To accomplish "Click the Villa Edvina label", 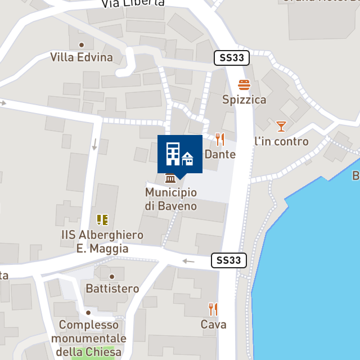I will pyautogui.click(x=82, y=57).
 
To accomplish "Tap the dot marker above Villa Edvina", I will pyautogui.click(x=82, y=44).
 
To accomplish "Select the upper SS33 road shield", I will pyautogui.click(x=232, y=57).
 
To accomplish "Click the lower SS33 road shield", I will pyautogui.click(x=229, y=260).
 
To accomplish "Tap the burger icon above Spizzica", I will pyautogui.click(x=244, y=85).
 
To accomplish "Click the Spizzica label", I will pyautogui.click(x=244, y=100).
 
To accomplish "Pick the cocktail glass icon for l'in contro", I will pyautogui.click(x=281, y=126).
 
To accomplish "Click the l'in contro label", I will pyautogui.click(x=281, y=141).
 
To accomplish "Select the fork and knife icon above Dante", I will pyautogui.click(x=220, y=139).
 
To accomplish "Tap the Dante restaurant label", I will pyautogui.click(x=220, y=154).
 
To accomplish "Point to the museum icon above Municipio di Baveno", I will pyautogui.click(x=170, y=179).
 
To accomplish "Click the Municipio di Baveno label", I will pyautogui.click(x=171, y=199).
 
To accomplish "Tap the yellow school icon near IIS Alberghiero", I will pyautogui.click(x=102, y=219).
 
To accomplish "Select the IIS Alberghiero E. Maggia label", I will pyautogui.click(x=102, y=241).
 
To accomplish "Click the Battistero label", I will pyautogui.click(x=112, y=289).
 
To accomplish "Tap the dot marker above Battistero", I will pyautogui.click(x=112, y=276).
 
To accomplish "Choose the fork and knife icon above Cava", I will pyautogui.click(x=213, y=309).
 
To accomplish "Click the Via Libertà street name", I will pyautogui.click(x=133, y=3).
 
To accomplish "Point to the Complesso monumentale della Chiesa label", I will pyautogui.click(x=88, y=339).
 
